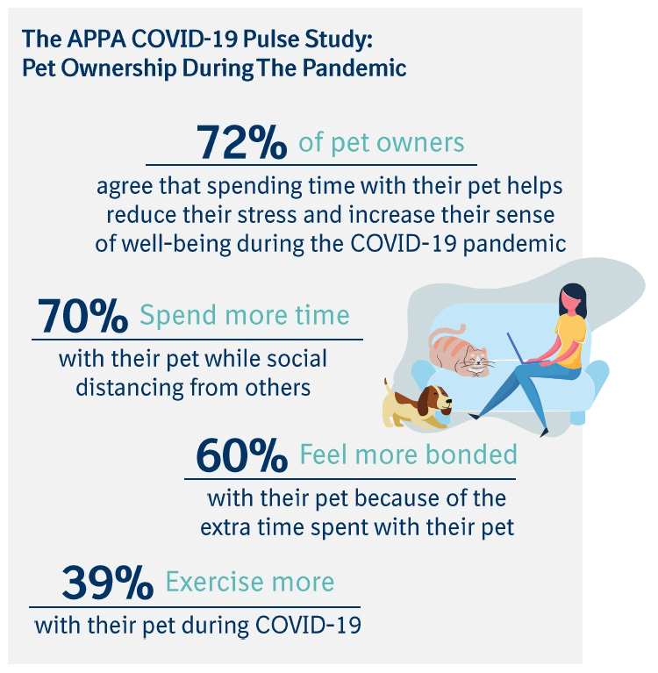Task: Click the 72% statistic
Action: point(241,142)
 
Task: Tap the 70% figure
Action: point(82,317)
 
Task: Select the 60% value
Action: point(241,456)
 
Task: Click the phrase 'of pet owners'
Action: point(382,142)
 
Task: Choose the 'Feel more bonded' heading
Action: point(408,455)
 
